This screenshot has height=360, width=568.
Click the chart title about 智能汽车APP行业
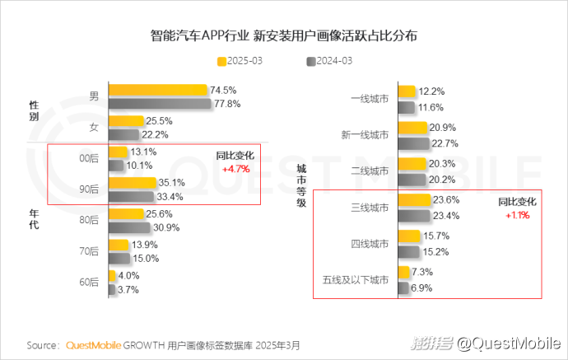tap(284, 36)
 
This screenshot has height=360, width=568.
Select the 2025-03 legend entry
tap(243, 61)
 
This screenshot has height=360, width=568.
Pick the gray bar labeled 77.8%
tap(160, 104)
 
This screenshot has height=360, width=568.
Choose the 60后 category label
tap(89, 282)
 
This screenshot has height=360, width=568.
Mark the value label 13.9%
tap(144, 245)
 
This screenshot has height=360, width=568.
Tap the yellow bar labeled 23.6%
tap(414, 200)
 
